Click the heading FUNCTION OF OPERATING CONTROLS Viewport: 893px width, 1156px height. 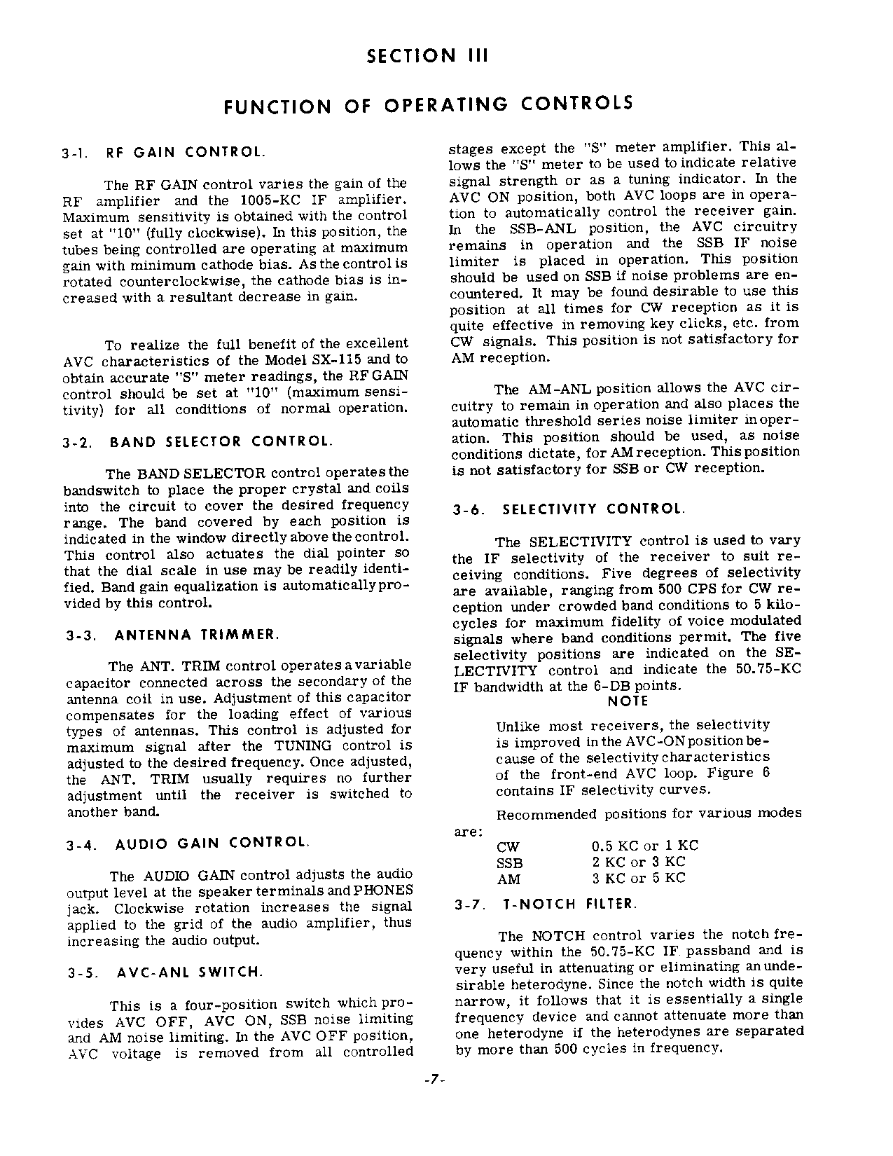coord(428,105)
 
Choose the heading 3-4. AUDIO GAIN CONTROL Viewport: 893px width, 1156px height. coord(187,844)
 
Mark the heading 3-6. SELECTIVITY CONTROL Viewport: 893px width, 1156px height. coord(569,509)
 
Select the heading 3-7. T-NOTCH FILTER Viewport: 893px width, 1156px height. coord(546,904)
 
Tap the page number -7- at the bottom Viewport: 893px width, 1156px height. coord(435,1080)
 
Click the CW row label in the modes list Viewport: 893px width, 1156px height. coord(508,847)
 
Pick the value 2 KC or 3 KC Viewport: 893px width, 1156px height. coord(638,862)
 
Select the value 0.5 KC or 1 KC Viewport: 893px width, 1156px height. coord(645,846)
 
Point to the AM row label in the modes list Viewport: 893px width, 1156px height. coord(508,879)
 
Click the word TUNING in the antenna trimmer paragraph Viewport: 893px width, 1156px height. coord(303,746)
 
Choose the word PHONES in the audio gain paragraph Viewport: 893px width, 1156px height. coord(384,891)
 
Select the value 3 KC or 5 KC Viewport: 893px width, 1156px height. coord(638,879)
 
